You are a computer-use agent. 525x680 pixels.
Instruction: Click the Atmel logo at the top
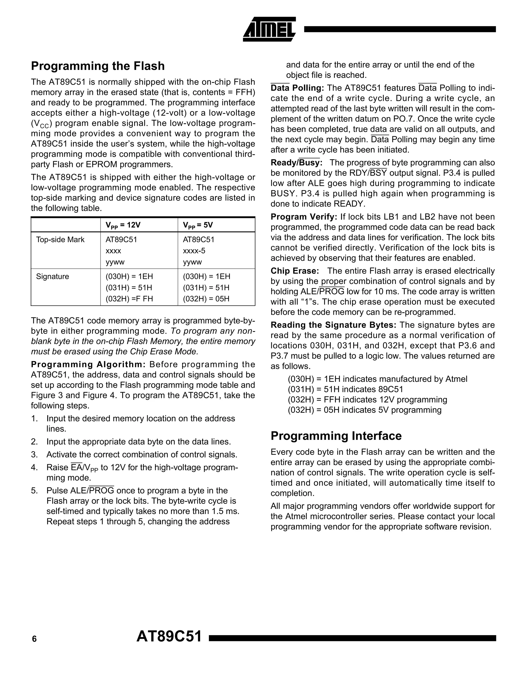pyautogui.click(x=269, y=29)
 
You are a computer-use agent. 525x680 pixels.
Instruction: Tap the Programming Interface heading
pyautogui.click(x=336, y=436)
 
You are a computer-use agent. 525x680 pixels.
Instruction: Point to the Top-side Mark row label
pyautogui.click(x=60, y=240)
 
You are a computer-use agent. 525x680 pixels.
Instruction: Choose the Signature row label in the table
pyautogui.click(x=52, y=277)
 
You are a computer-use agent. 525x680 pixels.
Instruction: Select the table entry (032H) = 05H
pyautogui.click(x=206, y=299)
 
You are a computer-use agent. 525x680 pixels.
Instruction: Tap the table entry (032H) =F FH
pyautogui.click(x=129, y=299)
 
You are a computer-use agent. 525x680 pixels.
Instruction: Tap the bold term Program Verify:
pyautogui.click(x=304, y=217)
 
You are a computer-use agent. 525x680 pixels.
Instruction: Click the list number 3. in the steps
pyautogui.click(x=34, y=455)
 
